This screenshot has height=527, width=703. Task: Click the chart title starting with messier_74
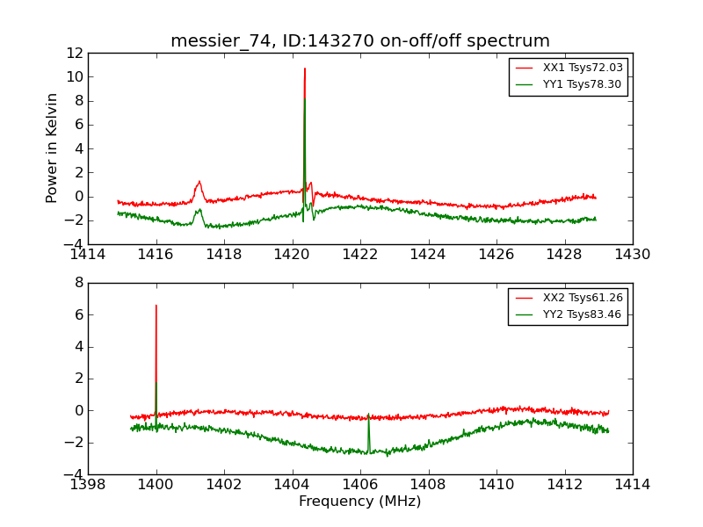[360, 41]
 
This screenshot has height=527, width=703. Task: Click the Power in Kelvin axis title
[53, 148]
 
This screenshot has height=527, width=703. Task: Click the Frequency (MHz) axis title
[360, 502]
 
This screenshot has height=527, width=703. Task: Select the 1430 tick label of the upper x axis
[632, 255]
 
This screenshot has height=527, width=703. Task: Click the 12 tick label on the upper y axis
[74, 53]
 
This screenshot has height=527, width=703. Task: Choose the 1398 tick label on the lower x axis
[88, 485]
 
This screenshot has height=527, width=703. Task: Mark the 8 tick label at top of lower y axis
[78, 283]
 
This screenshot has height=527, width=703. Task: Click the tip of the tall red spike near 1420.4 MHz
[305, 69]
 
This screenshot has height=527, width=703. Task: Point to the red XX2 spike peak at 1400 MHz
[156, 306]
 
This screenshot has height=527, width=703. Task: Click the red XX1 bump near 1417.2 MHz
[199, 182]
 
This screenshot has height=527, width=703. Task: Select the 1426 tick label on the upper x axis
[496, 255]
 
